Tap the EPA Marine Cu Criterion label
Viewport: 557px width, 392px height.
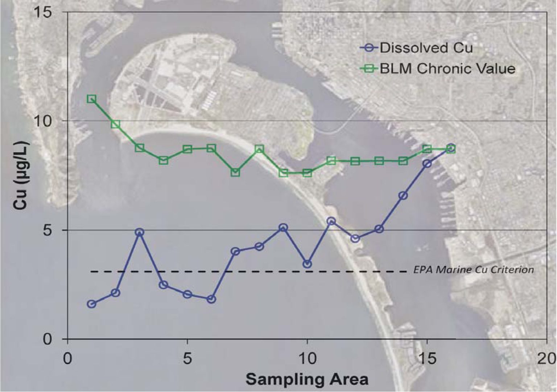[474, 270]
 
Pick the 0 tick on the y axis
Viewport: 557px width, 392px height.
[48, 339]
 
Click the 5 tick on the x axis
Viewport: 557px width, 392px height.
[187, 359]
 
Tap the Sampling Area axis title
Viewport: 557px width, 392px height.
[307, 379]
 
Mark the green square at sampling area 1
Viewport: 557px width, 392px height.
[92, 99]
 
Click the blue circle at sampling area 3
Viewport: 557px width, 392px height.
[139, 232]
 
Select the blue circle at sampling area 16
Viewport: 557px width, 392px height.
[451, 148]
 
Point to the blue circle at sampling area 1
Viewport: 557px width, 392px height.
[92, 304]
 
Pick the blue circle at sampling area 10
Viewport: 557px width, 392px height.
[307, 264]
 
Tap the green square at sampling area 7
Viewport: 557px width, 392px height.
[235, 172]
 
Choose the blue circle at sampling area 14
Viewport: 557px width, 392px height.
[403, 196]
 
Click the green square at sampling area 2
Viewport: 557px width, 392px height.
[115, 124]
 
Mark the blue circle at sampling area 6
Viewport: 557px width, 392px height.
[211, 299]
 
